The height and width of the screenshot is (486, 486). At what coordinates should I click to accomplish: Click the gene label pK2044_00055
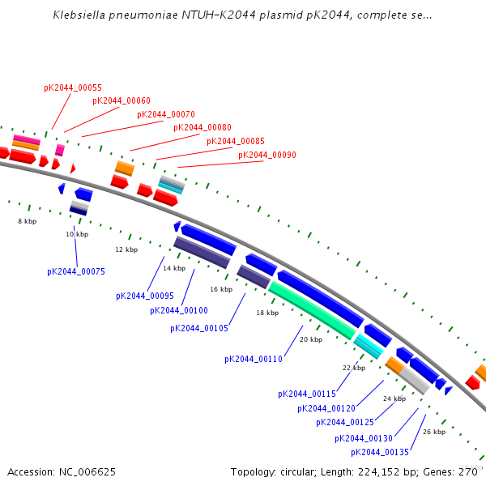(73, 87)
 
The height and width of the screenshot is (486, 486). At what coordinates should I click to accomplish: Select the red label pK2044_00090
(267, 155)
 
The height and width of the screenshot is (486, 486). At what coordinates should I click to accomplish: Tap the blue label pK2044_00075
(76, 272)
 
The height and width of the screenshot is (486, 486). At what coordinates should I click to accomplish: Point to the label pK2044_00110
(254, 359)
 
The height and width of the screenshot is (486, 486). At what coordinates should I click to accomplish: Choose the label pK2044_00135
(380, 452)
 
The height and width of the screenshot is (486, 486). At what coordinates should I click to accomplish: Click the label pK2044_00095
(145, 296)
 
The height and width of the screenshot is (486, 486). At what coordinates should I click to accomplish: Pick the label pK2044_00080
(202, 128)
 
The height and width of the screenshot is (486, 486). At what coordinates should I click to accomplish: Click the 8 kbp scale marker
(28, 221)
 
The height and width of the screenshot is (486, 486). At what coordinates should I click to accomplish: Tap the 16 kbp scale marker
(221, 289)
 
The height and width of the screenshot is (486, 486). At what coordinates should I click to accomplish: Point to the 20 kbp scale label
(311, 340)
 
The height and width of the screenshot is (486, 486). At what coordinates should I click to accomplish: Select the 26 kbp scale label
(434, 432)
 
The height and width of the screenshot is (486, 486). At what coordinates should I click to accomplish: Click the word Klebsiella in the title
(79, 15)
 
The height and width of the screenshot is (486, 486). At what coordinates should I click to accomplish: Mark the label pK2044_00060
(122, 101)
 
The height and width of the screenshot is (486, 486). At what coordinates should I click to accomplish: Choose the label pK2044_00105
(199, 328)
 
